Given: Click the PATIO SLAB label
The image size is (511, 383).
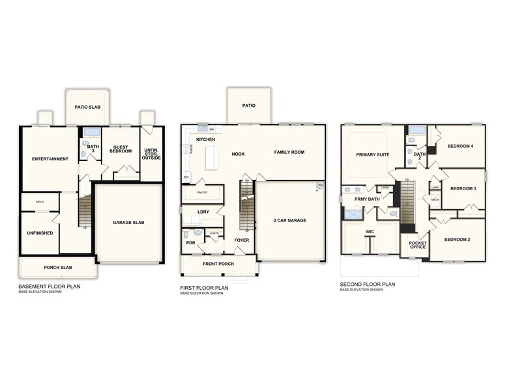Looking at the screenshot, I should pos(87,107).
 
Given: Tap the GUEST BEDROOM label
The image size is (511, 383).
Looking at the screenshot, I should pos(121,149).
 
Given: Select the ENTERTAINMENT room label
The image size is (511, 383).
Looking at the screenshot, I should pos(50,159).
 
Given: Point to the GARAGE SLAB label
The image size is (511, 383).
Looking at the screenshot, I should pos(128,222).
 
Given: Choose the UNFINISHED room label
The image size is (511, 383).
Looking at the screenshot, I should pos(40,233).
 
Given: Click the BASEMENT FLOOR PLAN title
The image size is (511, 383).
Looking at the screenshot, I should pos(50,286).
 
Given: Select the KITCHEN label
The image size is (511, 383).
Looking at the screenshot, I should pos(205,139).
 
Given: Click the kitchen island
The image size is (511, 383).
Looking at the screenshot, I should pos(211,158).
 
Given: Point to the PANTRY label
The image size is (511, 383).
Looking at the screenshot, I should pos(201,193).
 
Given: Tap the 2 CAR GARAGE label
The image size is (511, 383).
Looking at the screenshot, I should pos(289,220).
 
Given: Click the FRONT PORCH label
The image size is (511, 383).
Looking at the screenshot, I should pos(218,263).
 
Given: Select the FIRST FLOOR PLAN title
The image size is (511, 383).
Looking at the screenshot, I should pos(204,287).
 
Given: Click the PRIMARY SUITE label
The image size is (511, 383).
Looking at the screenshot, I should pos(372,154).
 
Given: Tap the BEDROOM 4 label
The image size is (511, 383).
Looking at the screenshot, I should pos(460,146).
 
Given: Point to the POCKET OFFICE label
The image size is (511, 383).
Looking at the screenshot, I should pos(417,246).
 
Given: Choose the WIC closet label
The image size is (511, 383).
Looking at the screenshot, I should pos(370,231).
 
